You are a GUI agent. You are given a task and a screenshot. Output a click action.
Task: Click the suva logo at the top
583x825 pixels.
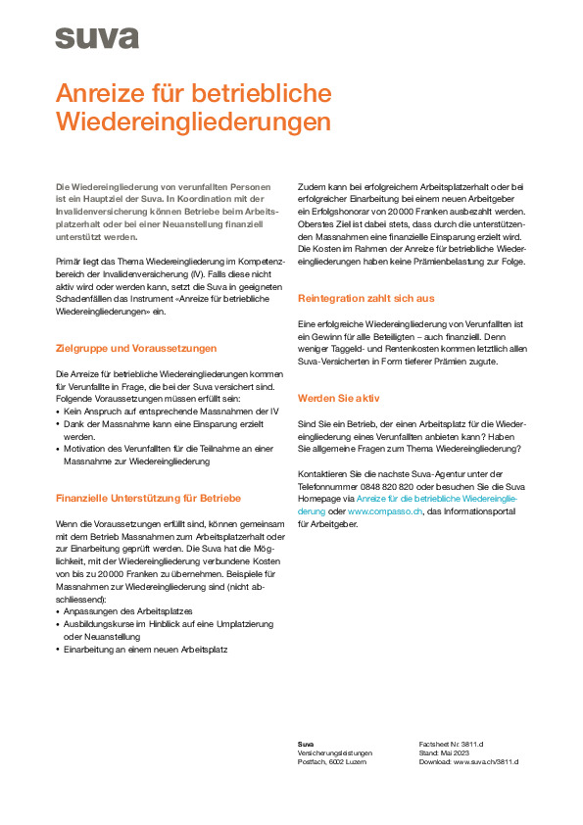pos(96,37)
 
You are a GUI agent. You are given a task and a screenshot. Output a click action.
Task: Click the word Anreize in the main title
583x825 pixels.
pos(106,93)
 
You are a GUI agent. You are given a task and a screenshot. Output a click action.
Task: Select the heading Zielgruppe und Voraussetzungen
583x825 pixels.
pos(136,348)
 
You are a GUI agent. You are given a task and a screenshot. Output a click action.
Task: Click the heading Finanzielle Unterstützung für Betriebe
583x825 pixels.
pos(148,498)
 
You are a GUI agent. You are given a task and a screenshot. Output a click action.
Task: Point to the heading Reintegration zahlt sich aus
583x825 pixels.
pos(366,298)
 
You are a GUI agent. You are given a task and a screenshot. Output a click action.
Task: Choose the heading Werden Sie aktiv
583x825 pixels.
pos(338,398)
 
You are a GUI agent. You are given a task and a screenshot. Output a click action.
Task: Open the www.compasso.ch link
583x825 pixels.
pos(380,511)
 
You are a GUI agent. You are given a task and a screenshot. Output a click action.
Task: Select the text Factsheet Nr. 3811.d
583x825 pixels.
pos(452,745)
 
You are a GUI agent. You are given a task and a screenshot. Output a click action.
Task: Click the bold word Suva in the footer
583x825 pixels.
pos(306,745)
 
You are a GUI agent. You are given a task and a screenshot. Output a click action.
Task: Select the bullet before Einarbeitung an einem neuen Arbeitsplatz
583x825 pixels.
pos(58,649)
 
